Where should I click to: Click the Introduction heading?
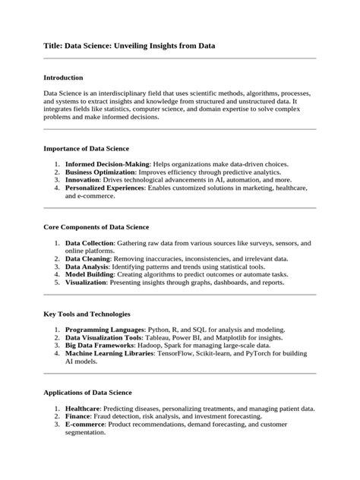coord(64,77)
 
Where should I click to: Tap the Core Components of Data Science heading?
coord(96,227)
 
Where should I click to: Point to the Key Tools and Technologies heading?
coord(87,314)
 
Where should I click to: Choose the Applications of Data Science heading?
coord(88,393)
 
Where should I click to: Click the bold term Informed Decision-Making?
coord(108,164)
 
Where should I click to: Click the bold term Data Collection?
coord(90,243)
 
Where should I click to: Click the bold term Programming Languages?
coord(105,330)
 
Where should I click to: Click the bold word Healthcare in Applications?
coord(85,409)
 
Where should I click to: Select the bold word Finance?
coord(78,416)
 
